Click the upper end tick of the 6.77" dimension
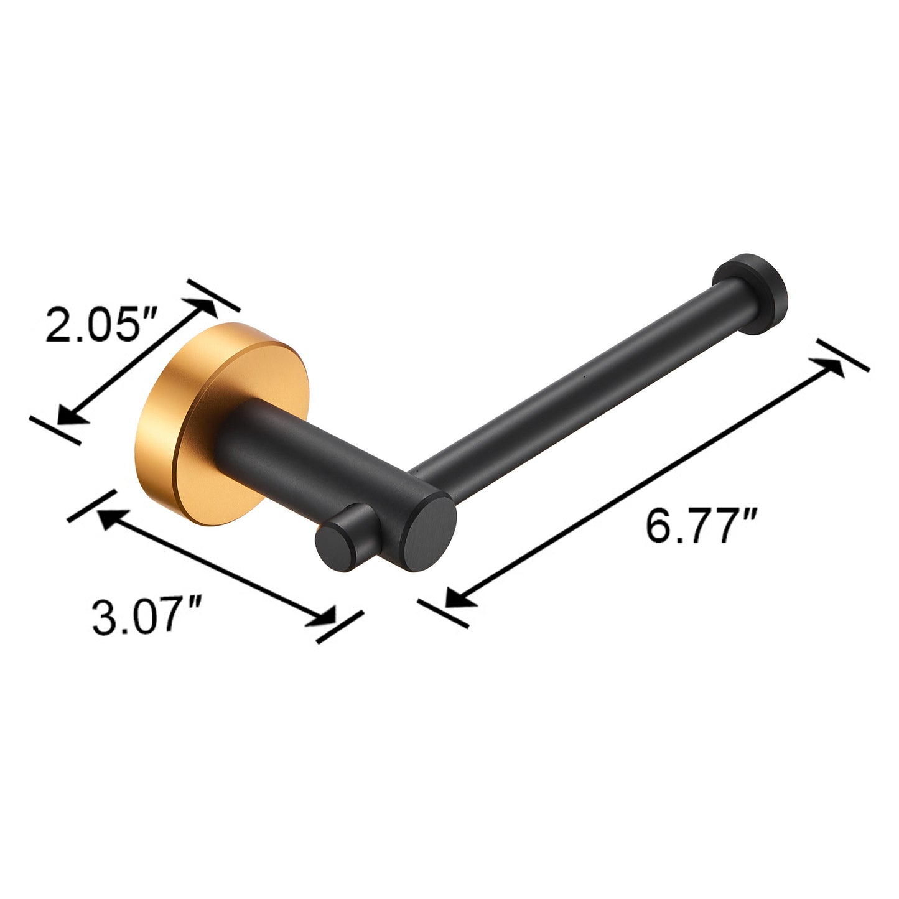pyautogui.click(x=843, y=355)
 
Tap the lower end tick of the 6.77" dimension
pyautogui.click(x=443, y=613)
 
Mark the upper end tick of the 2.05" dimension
pyautogui.click(x=214, y=296)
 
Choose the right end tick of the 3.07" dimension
pyautogui.click(x=340, y=627)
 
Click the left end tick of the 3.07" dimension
pyautogui.click(x=92, y=506)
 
